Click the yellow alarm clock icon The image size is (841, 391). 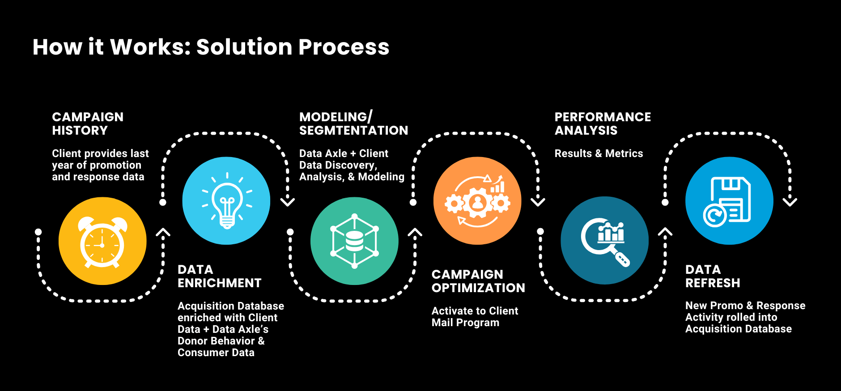click(102, 241)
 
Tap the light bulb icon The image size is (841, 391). click(226, 200)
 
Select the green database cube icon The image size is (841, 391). click(354, 241)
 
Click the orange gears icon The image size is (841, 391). click(477, 200)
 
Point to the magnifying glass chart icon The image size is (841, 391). click(604, 240)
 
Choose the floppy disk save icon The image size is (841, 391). click(729, 200)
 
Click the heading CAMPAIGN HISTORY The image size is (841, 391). click(88, 123)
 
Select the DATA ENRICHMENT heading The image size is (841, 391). click(220, 276)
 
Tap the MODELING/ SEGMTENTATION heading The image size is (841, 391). click(354, 123)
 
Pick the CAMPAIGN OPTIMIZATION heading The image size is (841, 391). click(478, 281)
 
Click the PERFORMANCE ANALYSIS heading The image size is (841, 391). click(603, 123)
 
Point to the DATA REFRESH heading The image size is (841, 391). click(713, 276)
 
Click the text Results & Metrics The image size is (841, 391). click(599, 153)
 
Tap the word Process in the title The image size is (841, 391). click(344, 47)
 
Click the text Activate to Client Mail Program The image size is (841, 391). click(475, 317)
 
